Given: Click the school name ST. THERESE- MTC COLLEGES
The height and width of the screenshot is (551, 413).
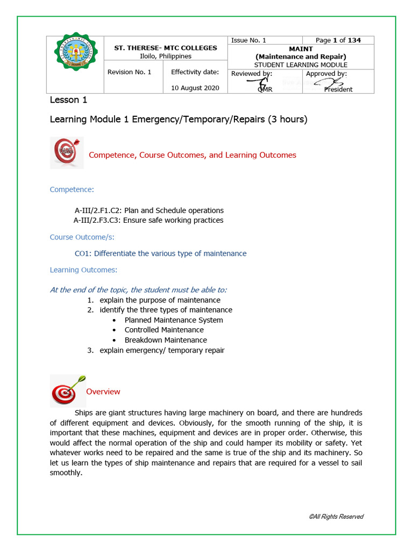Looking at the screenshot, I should pyautogui.click(x=166, y=48).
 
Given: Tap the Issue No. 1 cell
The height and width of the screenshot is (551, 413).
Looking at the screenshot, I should pyautogui.click(x=248, y=40).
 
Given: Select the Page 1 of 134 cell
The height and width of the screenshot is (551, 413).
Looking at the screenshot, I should pyautogui.click(x=338, y=40).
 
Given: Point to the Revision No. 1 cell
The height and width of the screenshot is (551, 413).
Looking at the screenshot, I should pyautogui.click(x=130, y=72).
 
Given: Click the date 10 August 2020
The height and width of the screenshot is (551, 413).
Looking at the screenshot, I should pyautogui.click(x=195, y=88).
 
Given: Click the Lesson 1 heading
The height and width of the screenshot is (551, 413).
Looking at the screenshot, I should pyautogui.click(x=68, y=100).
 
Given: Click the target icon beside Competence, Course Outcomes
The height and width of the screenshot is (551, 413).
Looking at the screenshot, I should pyautogui.click(x=66, y=153).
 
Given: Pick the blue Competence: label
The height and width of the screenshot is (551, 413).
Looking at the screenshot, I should pyautogui.click(x=72, y=189).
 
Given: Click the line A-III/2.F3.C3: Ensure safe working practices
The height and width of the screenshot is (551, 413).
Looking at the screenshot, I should pyautogui.click(x=148, y=220).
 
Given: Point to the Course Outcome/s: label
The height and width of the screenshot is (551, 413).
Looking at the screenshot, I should pyautogui.click(x=82, y=237).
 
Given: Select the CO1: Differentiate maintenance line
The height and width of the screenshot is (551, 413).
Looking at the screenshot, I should pyautogui.click(x=160, y=253).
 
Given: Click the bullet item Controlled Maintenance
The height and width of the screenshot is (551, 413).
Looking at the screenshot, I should pyautogui.click(x=164, y=330).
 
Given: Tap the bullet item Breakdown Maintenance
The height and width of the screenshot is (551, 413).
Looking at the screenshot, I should pyautogui.click(x=166, y=340).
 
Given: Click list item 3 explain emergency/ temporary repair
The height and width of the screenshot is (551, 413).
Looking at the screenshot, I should pyautogui.click(x=161, y=350).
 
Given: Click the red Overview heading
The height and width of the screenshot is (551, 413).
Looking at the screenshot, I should pyautogui.click(x=103, y=392).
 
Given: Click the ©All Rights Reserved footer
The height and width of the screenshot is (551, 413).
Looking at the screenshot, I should pyautogui.click(x=336, y=517).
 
